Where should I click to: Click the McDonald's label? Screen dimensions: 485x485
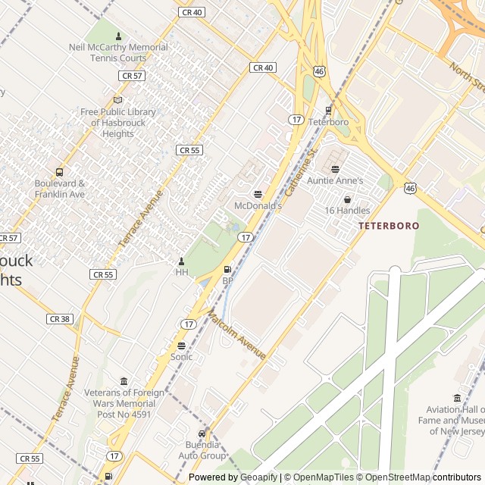click(258, 205)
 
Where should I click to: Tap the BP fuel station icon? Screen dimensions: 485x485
click(227, 270)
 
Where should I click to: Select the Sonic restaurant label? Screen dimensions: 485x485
click(181, 356)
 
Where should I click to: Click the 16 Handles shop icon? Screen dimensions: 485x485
click(347, 199)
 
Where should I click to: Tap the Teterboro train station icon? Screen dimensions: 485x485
click(328, 110)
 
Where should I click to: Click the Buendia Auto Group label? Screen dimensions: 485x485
click(202, 450)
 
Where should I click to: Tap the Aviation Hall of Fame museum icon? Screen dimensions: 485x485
click(457, 399)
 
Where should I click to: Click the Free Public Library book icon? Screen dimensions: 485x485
click(117, 100)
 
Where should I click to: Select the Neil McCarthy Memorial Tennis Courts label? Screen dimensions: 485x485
click(118, 52)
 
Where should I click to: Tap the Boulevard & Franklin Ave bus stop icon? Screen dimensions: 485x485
click(60, 172)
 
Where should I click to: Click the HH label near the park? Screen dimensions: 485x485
click(181, 272)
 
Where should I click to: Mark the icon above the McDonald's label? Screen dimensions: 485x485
click(258, 194)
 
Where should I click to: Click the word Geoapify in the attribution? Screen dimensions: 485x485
click(258, 477)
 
